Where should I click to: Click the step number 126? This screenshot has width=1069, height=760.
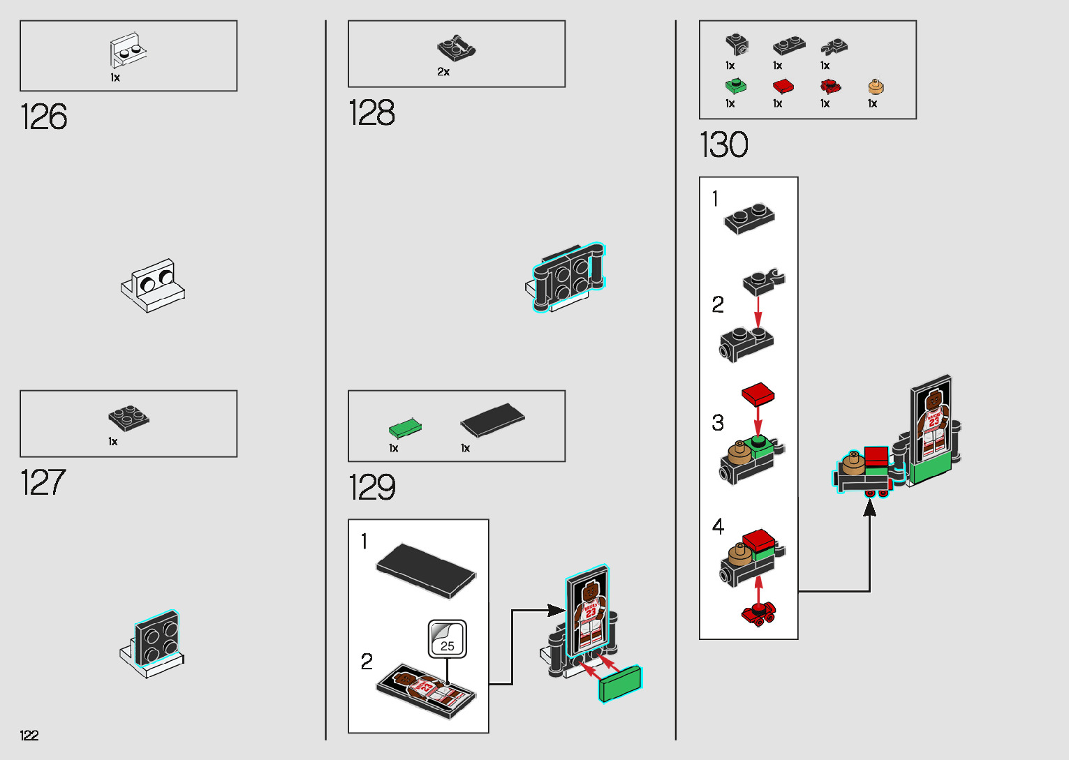point(44,117)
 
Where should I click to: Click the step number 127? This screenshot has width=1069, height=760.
point(43,483)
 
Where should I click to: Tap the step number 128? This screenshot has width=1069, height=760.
point(371,113)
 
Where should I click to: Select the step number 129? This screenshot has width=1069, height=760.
point(371,487)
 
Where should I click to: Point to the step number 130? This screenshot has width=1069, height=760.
point(723,145)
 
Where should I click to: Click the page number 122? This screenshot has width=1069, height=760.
point(29,735)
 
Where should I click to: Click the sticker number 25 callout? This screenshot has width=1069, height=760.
point(448,639)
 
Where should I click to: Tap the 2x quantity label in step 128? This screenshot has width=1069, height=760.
point(443,72)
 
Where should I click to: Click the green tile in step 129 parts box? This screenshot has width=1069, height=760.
point(405,427)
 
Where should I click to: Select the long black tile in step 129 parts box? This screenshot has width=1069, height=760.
point(492,420)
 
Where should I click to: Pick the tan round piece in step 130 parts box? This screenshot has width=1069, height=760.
point(876,87)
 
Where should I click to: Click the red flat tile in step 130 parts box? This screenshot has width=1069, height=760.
point(783,87)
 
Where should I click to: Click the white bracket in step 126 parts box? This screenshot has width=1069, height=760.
point(128,50)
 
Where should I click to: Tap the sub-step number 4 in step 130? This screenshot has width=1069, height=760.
point(718,527)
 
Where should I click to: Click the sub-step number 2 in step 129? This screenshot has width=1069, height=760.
point(367,662)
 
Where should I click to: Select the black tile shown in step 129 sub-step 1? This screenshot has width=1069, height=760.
point(426,570)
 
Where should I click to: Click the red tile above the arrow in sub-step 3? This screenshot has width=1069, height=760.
point(758,394)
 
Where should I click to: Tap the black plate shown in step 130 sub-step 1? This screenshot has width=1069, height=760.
point(749,219)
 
